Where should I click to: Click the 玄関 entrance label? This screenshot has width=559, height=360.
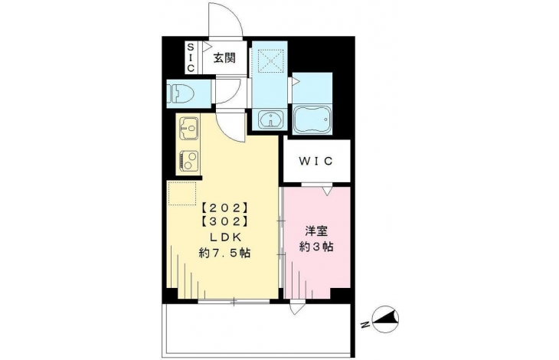224,57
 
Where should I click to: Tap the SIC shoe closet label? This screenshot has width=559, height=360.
191,57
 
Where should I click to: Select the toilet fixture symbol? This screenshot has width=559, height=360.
182,93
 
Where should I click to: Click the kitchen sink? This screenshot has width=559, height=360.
188,128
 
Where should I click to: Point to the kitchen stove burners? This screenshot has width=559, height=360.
189,159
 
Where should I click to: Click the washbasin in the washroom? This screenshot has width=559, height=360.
271,119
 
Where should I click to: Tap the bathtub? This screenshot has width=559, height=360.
312,119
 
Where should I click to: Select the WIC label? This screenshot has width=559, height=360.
315,161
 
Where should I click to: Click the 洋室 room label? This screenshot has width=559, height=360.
316,231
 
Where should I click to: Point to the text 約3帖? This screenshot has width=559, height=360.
316,247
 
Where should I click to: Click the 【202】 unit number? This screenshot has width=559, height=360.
224,207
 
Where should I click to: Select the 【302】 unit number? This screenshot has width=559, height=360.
224,221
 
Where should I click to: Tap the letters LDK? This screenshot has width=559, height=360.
225,237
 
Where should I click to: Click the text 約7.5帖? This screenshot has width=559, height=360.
224,253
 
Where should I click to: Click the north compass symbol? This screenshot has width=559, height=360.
385,319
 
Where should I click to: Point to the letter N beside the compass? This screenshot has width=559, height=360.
364,325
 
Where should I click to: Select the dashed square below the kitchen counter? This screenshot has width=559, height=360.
182,193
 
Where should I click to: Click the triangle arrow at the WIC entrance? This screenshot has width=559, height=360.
328,191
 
